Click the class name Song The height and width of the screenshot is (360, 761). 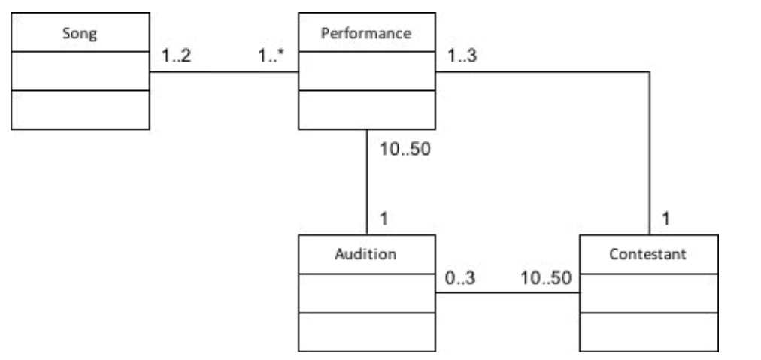80,33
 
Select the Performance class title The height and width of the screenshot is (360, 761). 366,33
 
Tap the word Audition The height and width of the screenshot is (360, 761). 365,254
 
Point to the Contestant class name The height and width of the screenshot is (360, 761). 648,254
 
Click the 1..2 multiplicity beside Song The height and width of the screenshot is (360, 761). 176,56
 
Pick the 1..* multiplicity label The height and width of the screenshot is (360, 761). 271,56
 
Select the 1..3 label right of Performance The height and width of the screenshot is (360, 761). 462,56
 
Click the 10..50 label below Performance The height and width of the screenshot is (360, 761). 405,149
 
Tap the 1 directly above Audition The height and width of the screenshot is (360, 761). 384,219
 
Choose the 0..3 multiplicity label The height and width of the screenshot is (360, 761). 460,277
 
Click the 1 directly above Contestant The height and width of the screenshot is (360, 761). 666,219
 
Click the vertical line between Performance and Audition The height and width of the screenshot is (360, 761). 366,180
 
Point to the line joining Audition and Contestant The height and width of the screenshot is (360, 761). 508,292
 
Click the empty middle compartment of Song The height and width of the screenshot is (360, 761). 80,71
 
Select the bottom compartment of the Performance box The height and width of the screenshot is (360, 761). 366,110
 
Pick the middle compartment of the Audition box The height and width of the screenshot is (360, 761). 366,292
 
